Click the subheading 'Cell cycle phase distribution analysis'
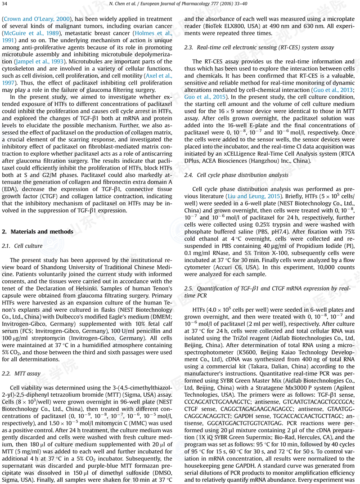click(243, 175)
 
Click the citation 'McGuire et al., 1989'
click(30, 33)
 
